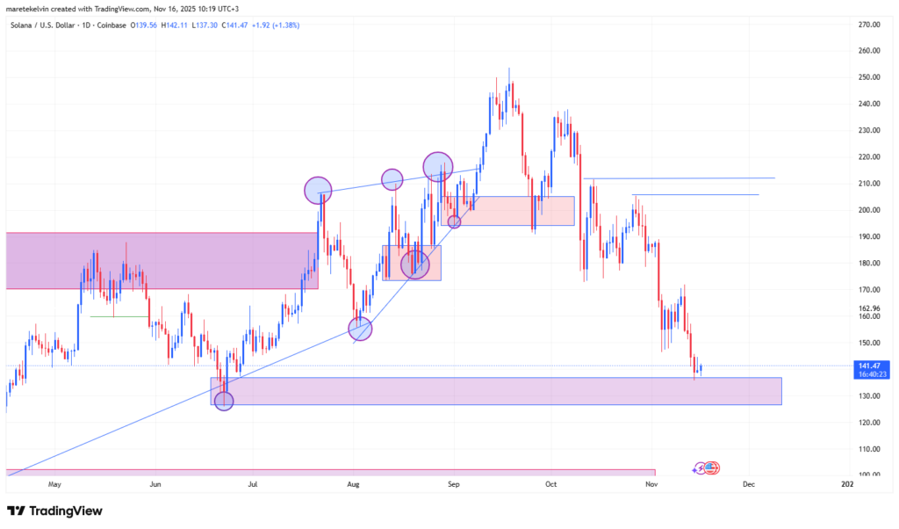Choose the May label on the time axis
54,484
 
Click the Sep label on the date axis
453,484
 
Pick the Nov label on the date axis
651,484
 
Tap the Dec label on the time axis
749,484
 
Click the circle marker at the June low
224,401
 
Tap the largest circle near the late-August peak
437,165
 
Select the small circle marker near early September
454,221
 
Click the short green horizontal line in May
131,316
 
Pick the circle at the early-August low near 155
360,329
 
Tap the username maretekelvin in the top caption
31,8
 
